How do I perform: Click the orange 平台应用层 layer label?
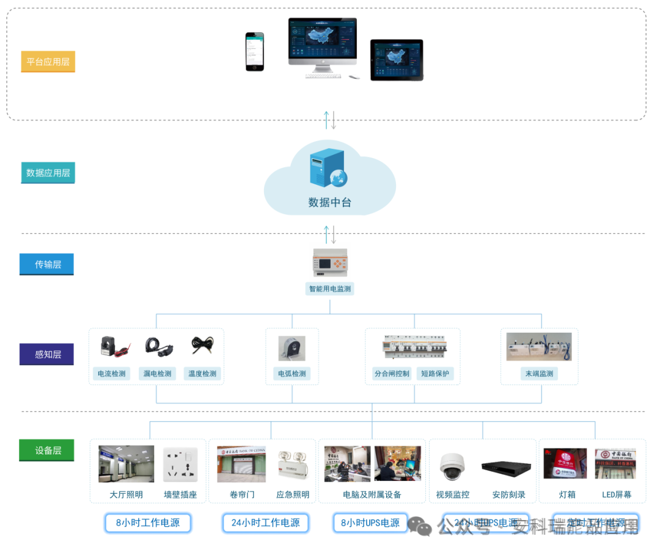click(x=48, y=62)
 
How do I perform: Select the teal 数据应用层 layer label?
click(x=48, y=173)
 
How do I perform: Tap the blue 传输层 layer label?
click(x=47, y=264)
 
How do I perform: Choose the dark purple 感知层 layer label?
click(x=47, y=354)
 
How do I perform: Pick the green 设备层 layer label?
click(x=47, y=450)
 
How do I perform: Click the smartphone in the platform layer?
click(x=255, y=52)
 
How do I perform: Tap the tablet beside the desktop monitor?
click(x=397, y=59)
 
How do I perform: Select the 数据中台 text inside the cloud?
click(x=329, y=203)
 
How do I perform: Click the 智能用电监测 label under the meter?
click(x=329, y=289)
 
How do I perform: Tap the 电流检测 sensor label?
click(x=112, y=374)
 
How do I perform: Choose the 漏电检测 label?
click(x=157, y=374)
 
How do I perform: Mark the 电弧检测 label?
click(x=291, y=374)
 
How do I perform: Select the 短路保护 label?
click(x=435, y=374)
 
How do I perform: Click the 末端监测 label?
click(x=539, y=374)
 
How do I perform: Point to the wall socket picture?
click(x=180, y=464)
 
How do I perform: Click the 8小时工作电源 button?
click(x=147, y=522)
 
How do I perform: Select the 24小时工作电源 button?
click(x=265, y=522)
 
